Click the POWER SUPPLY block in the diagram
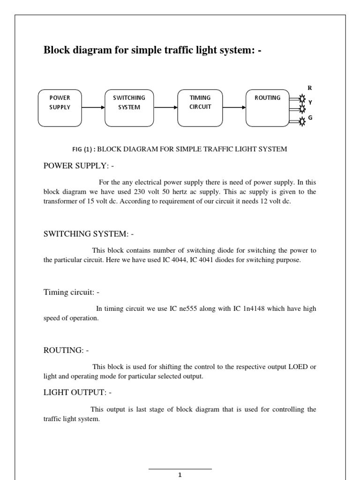click(x=60, y=108)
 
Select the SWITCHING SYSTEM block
click(x=129, y=108)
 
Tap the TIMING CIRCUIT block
click(x=200, y=108)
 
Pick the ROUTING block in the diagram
click(x=268, y=108)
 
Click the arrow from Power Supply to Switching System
click(x=93, y=107)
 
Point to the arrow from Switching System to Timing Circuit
click(x=165, y=107)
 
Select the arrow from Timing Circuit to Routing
click(x=234, y=107)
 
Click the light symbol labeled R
click(x=302, y=99)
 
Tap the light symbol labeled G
click(x=302, y=121)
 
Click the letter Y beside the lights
click(x=310, y=102)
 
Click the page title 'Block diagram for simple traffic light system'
click(x=152, y=50)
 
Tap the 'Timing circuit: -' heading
click(x=71, y=292)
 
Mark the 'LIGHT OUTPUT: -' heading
click(x=77, y=392)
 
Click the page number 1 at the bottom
click(x=180, y=474)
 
